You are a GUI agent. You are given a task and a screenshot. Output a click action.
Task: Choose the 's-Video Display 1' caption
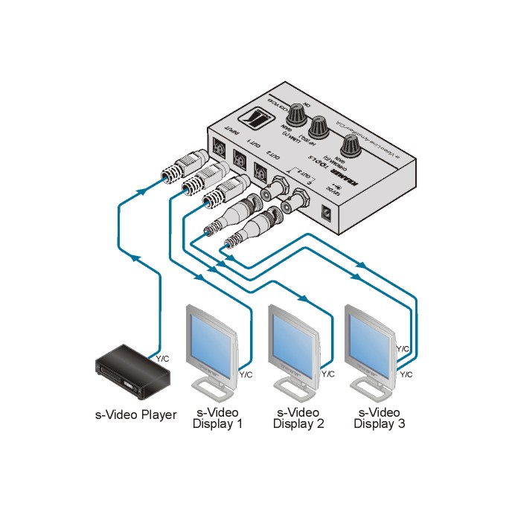pos(217,419)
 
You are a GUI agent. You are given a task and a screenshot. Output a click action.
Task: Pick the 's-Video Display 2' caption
pos(298,419)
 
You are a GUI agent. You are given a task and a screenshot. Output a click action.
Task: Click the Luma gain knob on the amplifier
pos(298,115)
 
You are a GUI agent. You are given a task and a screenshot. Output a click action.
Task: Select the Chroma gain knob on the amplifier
pos(353,147)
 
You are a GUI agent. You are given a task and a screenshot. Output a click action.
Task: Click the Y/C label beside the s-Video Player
pos(163,359)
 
